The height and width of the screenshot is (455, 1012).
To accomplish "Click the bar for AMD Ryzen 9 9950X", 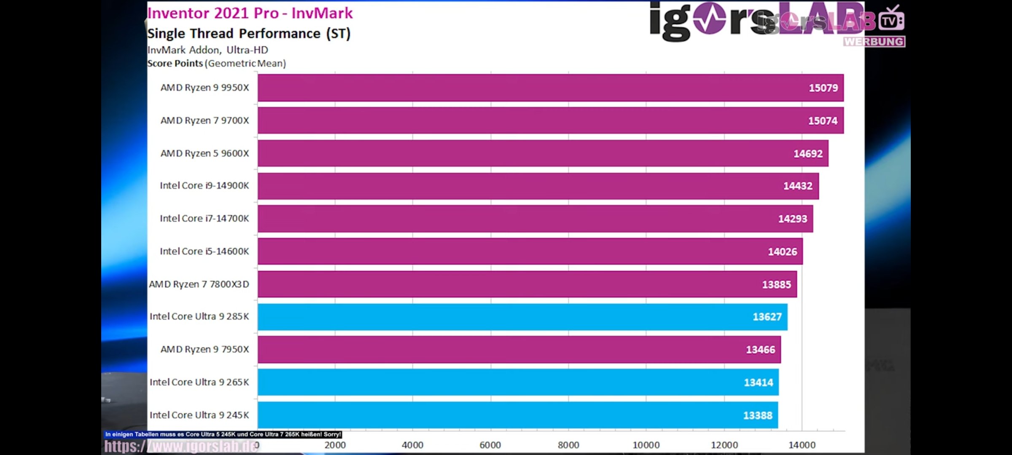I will pos(548,88).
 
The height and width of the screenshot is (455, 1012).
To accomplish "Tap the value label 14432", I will pos(797,186).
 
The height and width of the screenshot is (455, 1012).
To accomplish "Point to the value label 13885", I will pos(776,284).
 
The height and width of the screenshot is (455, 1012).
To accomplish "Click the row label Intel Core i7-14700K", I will pos(204,218).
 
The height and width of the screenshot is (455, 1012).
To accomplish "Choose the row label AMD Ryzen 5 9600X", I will pos(205,153).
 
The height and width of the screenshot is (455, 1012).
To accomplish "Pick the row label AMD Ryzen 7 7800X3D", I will pos(199,284).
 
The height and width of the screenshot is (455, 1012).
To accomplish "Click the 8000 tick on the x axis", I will pos(568,445).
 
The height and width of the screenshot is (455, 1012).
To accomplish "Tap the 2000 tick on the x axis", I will pos(335,445).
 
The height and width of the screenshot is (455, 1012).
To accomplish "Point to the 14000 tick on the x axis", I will pos(802,445).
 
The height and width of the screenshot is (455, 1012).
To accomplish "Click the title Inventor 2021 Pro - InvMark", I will pos(250,13).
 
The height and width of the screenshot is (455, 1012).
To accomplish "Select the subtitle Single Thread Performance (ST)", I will pos(249,34).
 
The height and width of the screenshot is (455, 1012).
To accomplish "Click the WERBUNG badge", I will pos(874,42).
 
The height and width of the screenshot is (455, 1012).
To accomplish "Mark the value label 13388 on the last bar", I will pos(757,415).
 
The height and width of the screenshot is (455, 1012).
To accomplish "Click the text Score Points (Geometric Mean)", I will pos(216,64).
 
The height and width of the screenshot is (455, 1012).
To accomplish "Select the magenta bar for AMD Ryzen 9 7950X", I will pos(519,350).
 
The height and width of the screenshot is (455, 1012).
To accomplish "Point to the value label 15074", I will pos(822,121).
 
